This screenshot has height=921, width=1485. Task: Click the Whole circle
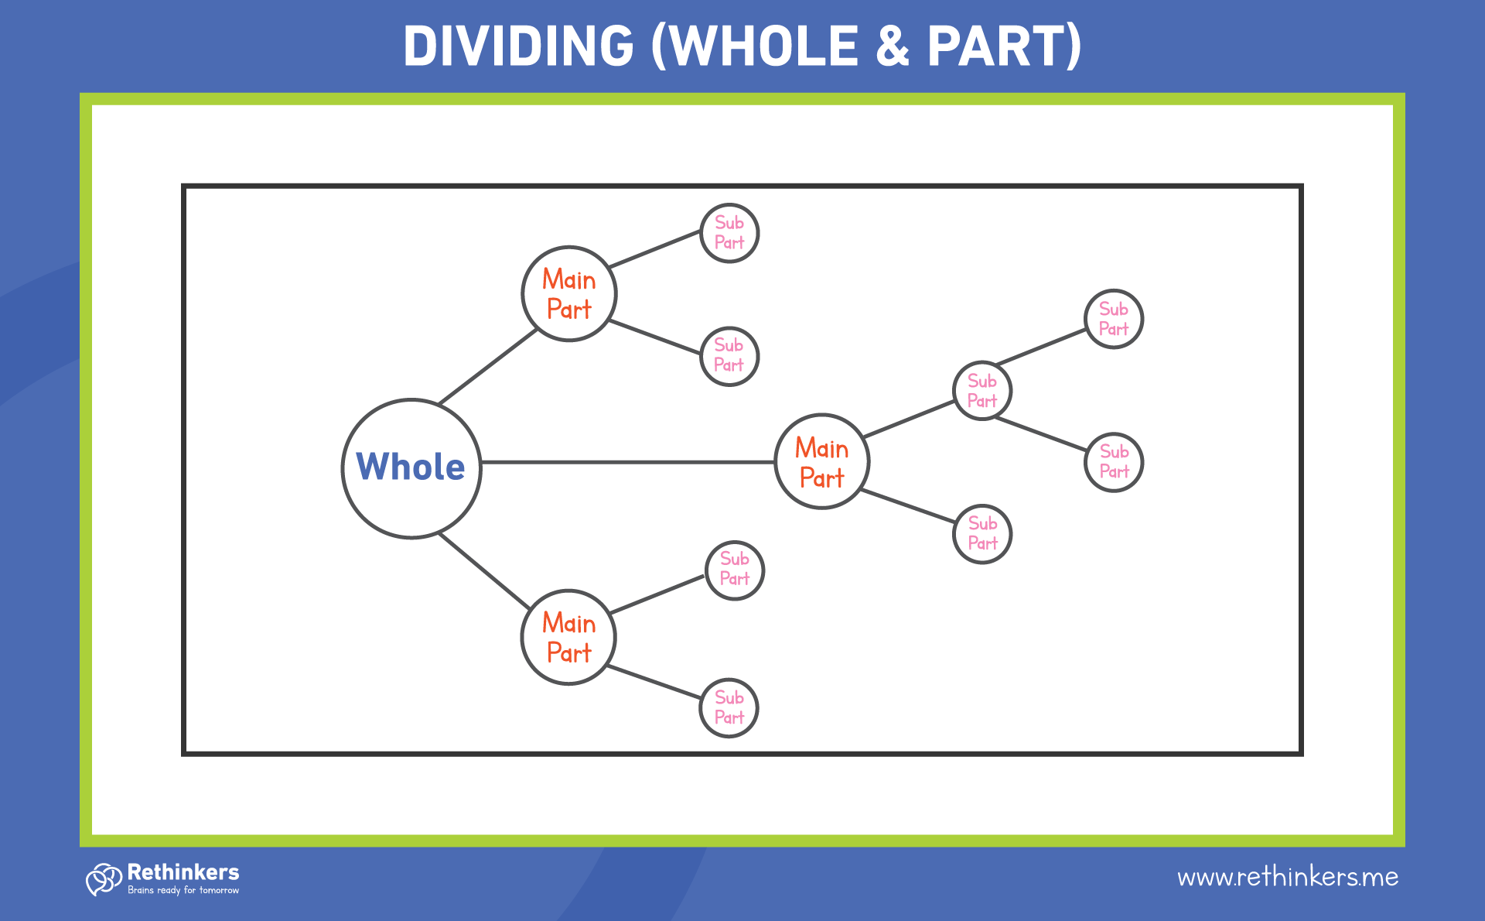tap(411, 468)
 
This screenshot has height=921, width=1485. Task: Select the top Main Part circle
tap(569, 294)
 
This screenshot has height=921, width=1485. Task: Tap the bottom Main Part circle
tap(568, 637)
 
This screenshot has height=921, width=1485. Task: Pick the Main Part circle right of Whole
tap(822, 462)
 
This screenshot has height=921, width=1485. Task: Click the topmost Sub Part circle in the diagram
tap(729, 233)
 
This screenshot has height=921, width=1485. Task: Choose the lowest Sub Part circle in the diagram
tap(729, 708)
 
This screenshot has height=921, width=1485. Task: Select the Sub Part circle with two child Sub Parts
tap(982, 391)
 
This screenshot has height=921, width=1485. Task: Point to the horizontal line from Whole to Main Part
tap(626, 462)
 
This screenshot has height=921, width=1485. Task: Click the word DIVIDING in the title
tap(519, 46)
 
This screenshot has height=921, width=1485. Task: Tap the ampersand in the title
tap(893, 46)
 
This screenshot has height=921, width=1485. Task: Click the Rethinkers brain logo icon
tap(104, 879)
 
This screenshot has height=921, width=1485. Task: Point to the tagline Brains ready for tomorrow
tap(183, 891)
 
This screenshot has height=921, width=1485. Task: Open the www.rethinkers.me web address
tap(1287, 877)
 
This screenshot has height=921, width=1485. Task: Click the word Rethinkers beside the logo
tap(183, 872)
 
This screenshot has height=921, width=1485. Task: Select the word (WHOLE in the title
tap(754, 46)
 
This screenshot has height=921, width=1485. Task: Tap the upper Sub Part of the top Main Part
tap(729, 233)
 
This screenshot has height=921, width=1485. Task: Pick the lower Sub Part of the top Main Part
tap(729, 356)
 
